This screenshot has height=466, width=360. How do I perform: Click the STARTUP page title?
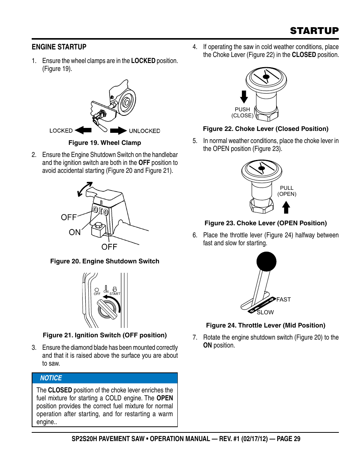(x=314, y=31)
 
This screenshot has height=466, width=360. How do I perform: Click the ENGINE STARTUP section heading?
(x=59, y=47)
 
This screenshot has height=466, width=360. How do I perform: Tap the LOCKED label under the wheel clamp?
(x=61, y=131)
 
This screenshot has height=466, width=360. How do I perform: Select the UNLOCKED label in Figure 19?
(x=145, y=131)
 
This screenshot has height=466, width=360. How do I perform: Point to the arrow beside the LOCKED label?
(x=83, y=131)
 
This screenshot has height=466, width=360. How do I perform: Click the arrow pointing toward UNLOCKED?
(x=118, y=131)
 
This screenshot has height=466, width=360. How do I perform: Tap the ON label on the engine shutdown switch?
(x=75, y=232)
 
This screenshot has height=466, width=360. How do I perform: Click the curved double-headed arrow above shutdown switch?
(x=85, y=189)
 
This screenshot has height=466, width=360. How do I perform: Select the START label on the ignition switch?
(x=115, y=294)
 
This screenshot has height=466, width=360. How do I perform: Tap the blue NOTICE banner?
(x=105, y=378)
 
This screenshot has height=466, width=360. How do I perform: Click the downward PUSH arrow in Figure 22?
(x=244, y=97)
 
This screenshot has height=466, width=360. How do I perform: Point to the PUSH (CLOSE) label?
(x=242, y=112)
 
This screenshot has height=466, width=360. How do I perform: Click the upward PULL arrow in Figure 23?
(x=286, y=207)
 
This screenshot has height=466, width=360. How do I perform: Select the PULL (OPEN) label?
(x=287, y=191)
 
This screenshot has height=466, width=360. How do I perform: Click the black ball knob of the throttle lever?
(x=266, y=261)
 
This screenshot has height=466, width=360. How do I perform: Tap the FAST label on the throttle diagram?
(x=283, y=299)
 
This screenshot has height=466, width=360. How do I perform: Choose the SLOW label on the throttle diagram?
(x=265, y=312)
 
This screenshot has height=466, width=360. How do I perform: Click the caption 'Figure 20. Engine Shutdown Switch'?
(x=105, y=261)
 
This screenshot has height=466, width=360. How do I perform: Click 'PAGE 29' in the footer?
(x=288, y=439)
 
